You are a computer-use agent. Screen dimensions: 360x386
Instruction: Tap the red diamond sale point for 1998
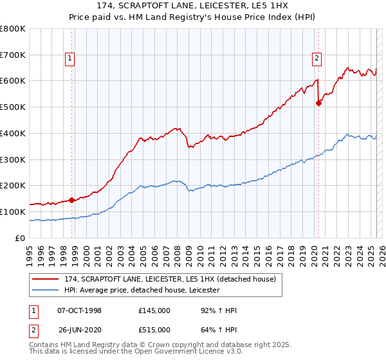click(x=71, y=200)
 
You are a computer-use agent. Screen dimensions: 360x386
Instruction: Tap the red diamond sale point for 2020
click(x=318, y=103)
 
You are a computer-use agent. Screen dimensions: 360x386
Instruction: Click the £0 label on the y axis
click(x=20, y=238)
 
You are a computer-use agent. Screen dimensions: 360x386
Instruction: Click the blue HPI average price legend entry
click(x=141, y=290)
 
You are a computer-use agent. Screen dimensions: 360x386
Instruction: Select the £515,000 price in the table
click(x=154, y=330)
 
